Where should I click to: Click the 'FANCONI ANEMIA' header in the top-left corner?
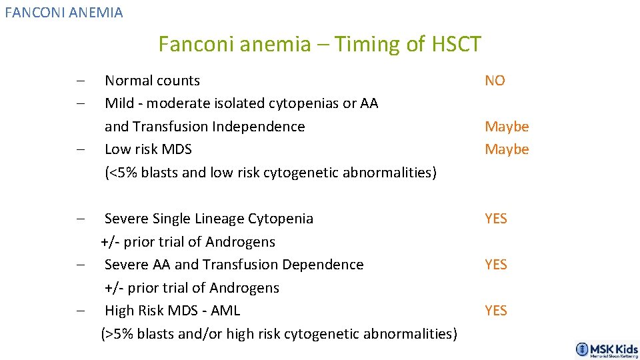click(x=64, y=12)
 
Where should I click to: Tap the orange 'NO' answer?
click(x=495, y=81)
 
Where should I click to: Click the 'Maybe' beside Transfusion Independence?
click(x=507, y=127)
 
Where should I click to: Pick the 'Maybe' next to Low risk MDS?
click(x=507, y=149)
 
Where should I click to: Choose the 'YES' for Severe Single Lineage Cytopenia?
click(x=496, y=219)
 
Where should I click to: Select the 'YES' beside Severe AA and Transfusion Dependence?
click(x=496, y=265)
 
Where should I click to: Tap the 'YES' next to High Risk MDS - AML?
click(x=496, y=311)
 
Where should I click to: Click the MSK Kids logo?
click(x=607, y=349)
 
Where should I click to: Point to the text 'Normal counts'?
click(x=152, y=81)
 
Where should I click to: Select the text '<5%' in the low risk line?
click(x=121, y=173)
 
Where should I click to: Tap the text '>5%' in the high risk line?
click(x=117, y=334)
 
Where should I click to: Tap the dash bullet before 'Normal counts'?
click(x=79, y=81)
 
